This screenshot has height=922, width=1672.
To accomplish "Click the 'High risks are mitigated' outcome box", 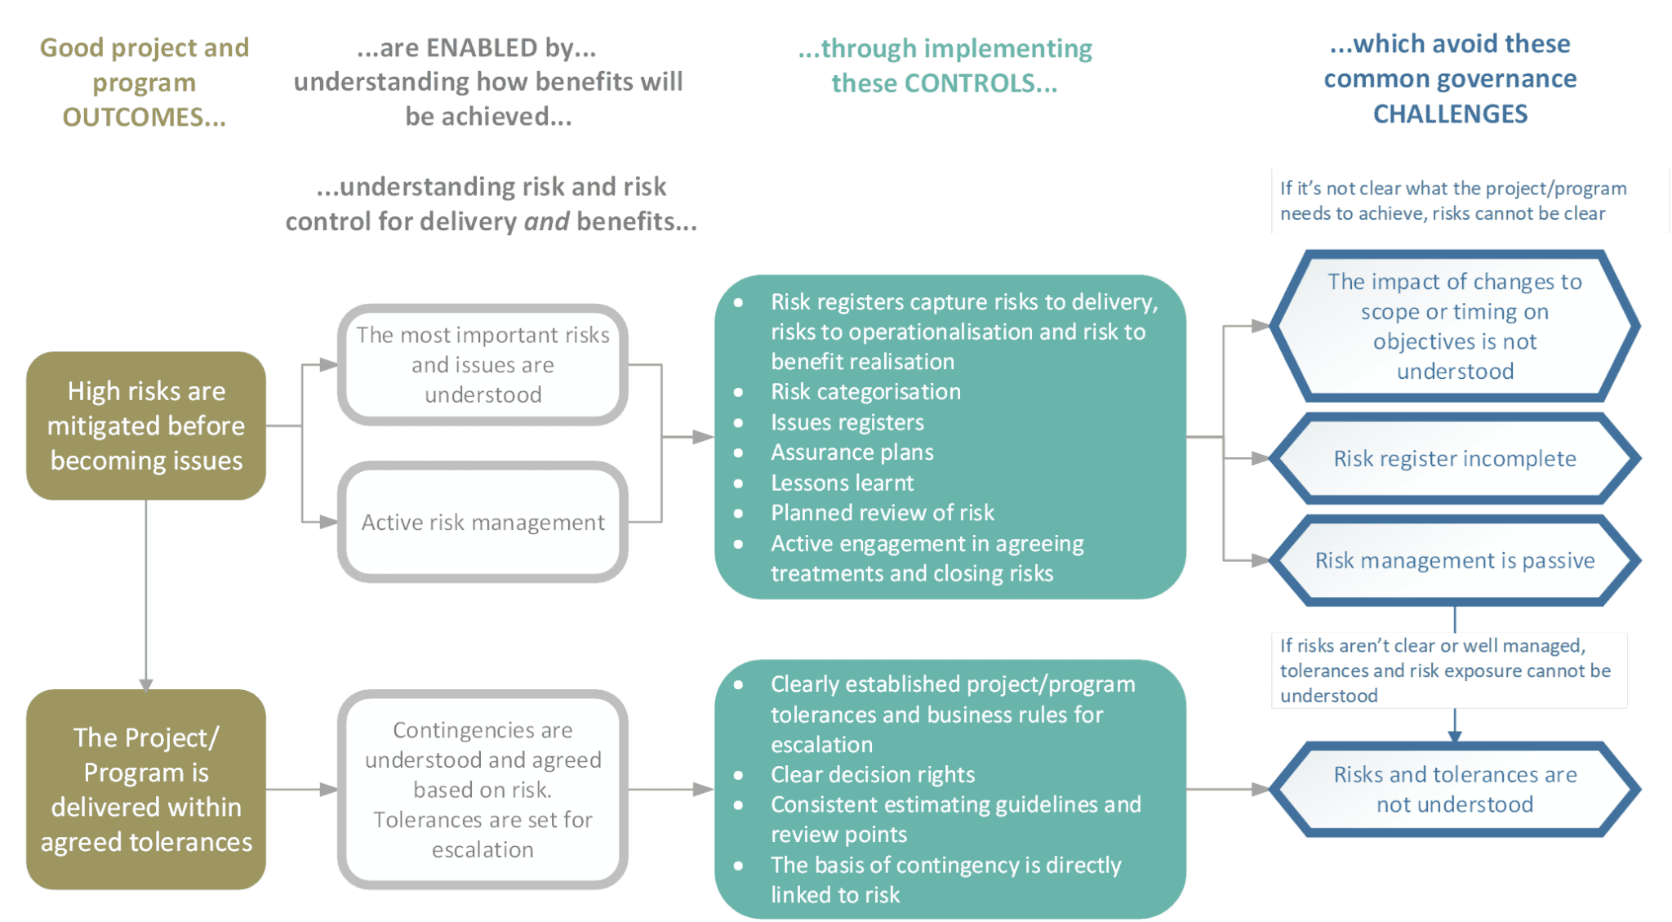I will [x=146, y=425].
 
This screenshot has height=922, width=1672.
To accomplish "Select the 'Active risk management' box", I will [x=482, y=523].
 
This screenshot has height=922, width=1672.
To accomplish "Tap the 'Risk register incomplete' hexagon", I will [x=1454, y=459].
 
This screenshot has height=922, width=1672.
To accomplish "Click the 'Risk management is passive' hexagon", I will [x=1454, y=561].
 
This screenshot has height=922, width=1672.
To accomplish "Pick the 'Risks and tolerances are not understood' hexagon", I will [x=1454, y=790].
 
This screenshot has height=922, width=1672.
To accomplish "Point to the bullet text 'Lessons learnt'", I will [x=842, y=483].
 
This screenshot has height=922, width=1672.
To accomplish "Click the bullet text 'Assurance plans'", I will [x=852, y=452].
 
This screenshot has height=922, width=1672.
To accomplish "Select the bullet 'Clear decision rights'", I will [x=872, y=774].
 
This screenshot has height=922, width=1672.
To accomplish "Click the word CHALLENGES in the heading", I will [x=1450, y=114].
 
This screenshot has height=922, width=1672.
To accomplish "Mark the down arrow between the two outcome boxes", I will [x=146, y=596].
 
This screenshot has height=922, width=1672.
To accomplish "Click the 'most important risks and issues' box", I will [x=482, y=365].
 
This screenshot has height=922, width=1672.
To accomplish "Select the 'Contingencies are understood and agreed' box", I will [x=482, y=790].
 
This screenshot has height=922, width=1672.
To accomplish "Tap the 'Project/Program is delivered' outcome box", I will [x=146, y=790].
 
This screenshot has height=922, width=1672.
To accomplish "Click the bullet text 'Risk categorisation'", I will [x=865, y=392].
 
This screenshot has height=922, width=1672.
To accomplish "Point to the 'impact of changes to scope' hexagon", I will [x=1454, y=326].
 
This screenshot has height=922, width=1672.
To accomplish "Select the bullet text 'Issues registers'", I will [x=847, y=422].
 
